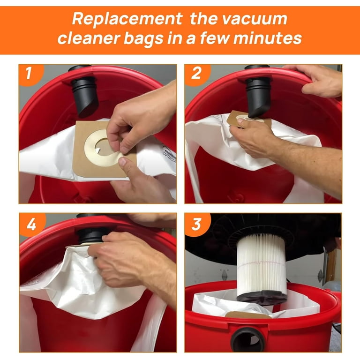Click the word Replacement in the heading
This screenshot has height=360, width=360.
pyautogui.click(x=127, y=19)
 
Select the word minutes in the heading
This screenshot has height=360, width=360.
pyautogui.click(x=268, y=38)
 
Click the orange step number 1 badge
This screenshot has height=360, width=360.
pyautogui.click(x=30, y=74)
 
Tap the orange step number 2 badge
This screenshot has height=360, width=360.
pyautogui.click(x=197, y=74)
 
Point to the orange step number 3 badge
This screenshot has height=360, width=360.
pyautogui.click(x=197, y=224)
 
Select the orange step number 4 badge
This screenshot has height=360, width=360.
pyautogui.click(x=31, y=224)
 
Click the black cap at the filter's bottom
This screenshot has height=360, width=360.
pyautogui.click(x=262, y=298)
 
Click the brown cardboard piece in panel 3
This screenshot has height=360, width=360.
pyautogui.click(x=248, y=315)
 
